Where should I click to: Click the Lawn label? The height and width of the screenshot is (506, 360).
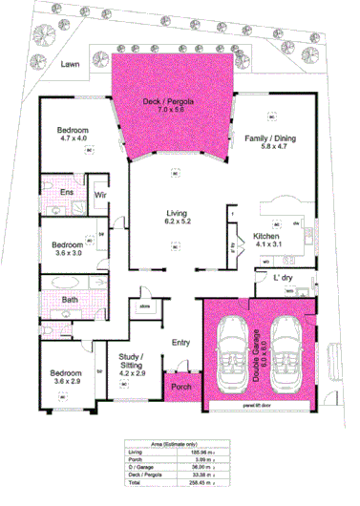(x=67, y=65)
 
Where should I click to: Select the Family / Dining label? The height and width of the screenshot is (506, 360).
(x=270, y=138)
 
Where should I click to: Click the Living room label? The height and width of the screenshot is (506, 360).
(x=176, y=216)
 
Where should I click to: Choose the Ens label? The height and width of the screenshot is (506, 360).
(x=67, y=192)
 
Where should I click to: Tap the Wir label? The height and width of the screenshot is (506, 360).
(x=99, y=195)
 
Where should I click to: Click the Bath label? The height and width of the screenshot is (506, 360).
(x=70, y=300)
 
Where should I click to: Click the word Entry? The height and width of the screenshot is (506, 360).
(x=180, y=343)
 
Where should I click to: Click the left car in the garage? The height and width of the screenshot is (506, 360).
(x=234, y=352)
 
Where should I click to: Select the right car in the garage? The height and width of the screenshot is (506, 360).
(x=286, y=352)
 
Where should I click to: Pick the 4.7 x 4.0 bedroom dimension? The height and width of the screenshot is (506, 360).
(x=72, y=137)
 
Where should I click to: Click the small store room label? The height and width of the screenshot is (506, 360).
(x=146, y=306)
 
